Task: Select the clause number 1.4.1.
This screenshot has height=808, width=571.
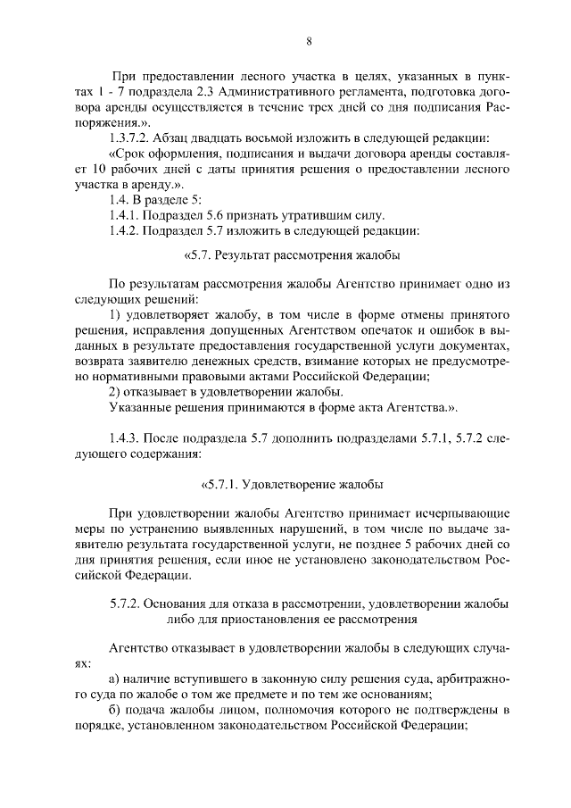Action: [124, 215]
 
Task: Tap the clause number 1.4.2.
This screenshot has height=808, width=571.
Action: [124, 230]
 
